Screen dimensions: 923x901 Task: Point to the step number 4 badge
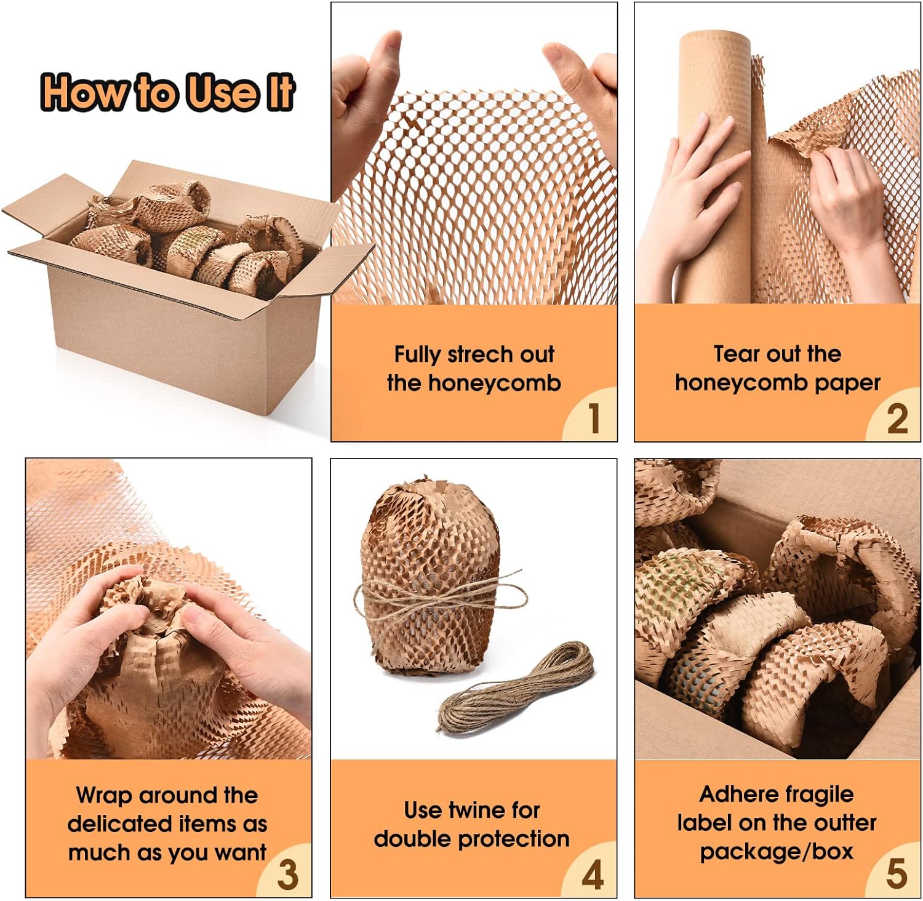click(592, 875)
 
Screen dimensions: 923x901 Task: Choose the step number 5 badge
click(896, 874)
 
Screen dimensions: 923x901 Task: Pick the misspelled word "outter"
click(848, 823)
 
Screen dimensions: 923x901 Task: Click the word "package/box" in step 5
click(777, 852)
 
